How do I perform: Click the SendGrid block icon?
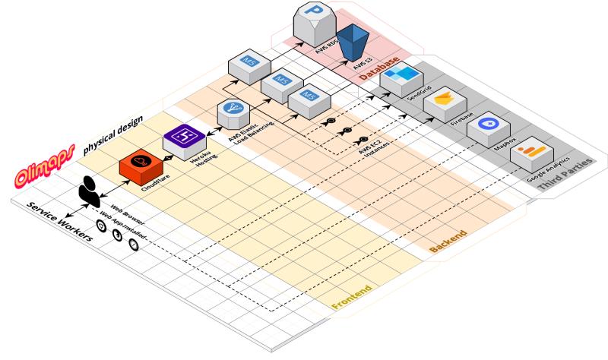[x=404, y=78]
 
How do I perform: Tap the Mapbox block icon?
[x=487, y=128]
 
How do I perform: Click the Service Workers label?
[x=60, y=222]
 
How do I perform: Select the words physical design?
[x=112, y=138]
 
